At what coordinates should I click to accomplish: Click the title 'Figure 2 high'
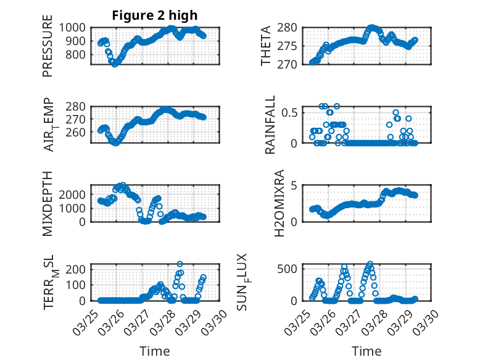[x=154, y=15]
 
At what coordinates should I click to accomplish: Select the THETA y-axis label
[x=266, y=46]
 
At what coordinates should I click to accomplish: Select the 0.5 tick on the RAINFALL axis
[x=291, y=112]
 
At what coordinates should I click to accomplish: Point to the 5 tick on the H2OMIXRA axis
[x=295, y=185]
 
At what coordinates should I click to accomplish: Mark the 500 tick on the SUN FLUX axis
[x=290, y=268]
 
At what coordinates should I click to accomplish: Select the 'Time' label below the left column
[x=154, y=351]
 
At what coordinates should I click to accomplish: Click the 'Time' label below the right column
[x=366, y=351]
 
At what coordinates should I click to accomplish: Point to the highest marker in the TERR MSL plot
[x=180, y=264]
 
